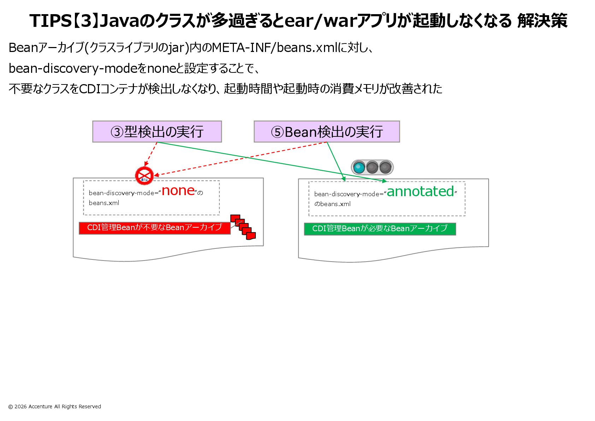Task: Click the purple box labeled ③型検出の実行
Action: pos(157,131)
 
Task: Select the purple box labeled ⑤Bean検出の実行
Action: pos(326,131)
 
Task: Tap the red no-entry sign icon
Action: pos(144,175)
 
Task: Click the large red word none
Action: pos(178,191)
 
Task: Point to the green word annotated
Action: pos(420,192)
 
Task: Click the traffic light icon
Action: pos(372,167)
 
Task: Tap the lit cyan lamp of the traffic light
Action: pos(359,167)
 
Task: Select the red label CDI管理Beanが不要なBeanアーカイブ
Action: pos(154,228)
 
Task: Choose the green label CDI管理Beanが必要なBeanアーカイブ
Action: pos(380,229)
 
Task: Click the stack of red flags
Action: pos(243,227)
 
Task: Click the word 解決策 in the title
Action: pos(542,21)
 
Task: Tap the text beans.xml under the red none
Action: pos(104,203)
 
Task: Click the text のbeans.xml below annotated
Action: pos(332,204)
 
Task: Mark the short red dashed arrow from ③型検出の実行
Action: pos(151,154)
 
